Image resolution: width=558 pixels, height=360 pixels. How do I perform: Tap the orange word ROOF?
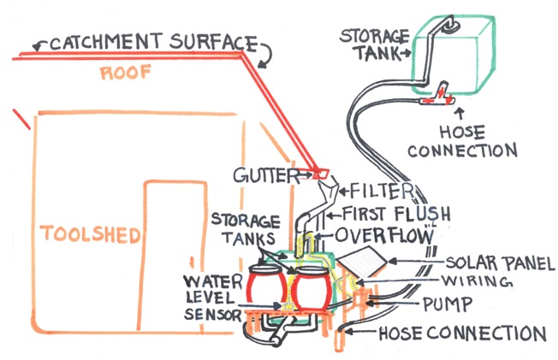[x=123, y=74]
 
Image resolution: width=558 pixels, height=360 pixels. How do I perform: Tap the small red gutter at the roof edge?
[x=321, y=174]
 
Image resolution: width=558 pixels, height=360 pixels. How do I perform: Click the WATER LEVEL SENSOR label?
[x=209, y=298]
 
